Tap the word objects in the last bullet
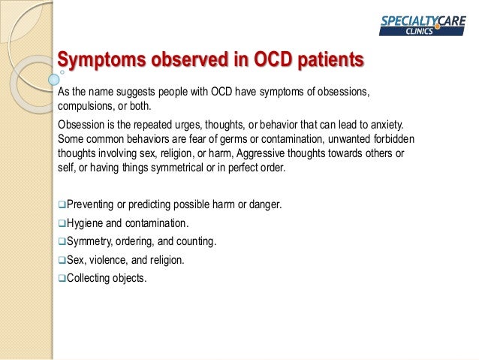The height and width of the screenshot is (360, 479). point(132,278)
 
